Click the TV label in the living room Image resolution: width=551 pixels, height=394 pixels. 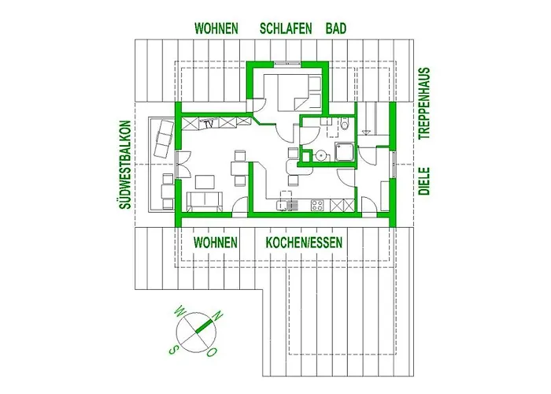[x=209, y=124]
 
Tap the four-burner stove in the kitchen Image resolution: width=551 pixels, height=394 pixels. [x=317, y=205]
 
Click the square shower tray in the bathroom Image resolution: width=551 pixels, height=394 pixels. [x=345, y=151]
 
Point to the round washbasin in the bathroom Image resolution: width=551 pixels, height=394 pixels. [x=320, y=154]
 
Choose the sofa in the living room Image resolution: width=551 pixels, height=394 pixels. [x=205, y=203]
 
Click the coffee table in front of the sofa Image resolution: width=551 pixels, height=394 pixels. [x=205, y=183]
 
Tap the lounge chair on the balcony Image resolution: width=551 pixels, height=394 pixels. [x=164, y=139]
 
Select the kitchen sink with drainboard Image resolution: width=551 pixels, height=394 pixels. [x=287, y=205]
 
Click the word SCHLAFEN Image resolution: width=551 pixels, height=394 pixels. [x=286, y=28]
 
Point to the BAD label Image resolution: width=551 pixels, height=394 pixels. [x=336, y=28]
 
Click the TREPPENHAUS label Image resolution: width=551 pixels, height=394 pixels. [x=424, y=103]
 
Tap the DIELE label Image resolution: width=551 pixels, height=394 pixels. [x=424, y=181]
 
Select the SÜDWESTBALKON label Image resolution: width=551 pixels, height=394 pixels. [x=125, y=165]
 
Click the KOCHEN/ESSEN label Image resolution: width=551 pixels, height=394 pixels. [x=304, y=243]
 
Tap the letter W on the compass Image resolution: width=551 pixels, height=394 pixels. [x=180, y=310]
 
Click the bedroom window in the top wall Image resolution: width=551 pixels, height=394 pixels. [x=287, y=64]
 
